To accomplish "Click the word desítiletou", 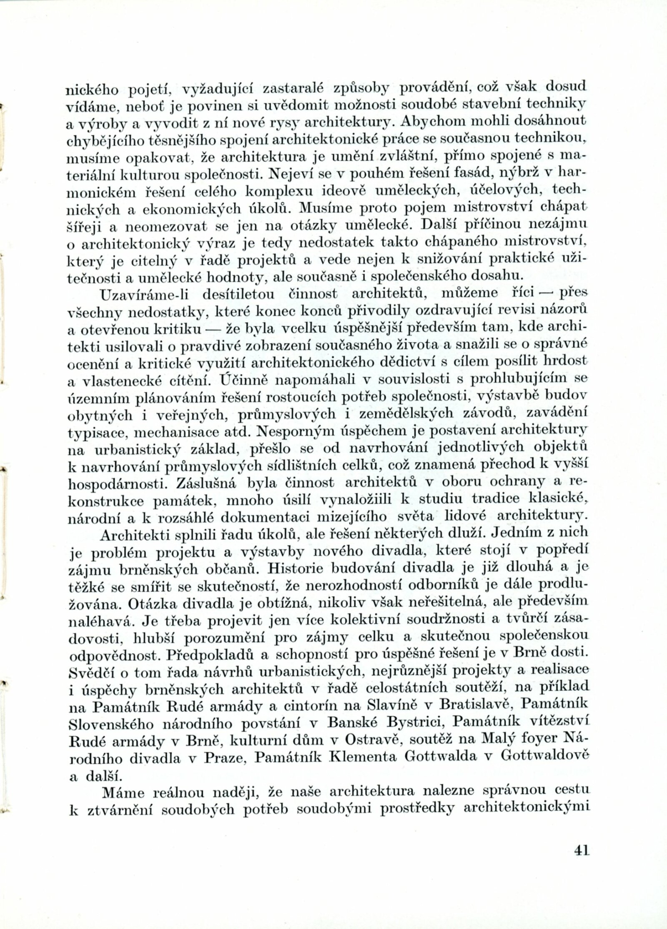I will point(238,294).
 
